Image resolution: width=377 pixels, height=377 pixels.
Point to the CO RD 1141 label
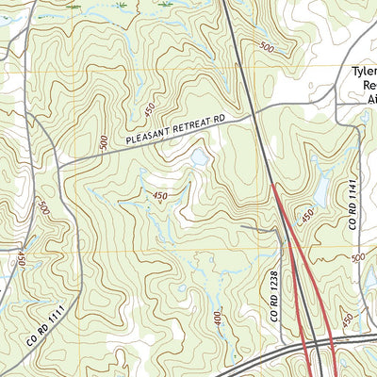click(x=355, y=207)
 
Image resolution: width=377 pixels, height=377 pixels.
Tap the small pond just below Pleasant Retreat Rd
click(x=200, y=157)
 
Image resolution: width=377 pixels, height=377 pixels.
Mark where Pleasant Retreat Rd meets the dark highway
click(x=254, y=115)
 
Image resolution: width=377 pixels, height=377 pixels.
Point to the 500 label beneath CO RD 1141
click(x=357, y=256)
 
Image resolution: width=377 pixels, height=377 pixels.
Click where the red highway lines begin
click(x=273, y=185)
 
